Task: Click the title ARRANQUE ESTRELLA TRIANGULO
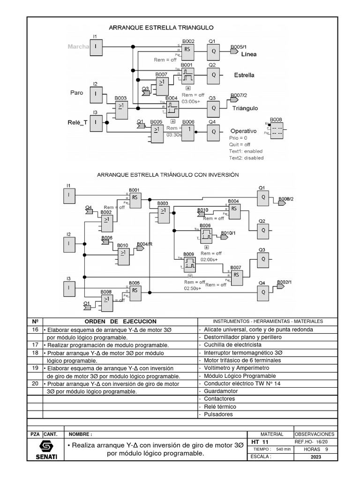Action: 161,28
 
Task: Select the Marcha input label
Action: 78,46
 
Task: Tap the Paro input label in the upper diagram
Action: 77,93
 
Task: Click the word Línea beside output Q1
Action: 249,54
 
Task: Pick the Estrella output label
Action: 244,75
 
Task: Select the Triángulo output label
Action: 245,108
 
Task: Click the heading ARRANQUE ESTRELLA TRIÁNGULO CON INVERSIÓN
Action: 168,174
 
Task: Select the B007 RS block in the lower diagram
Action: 236,275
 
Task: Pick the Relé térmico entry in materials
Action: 219,406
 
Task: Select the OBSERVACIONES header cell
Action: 315,434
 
